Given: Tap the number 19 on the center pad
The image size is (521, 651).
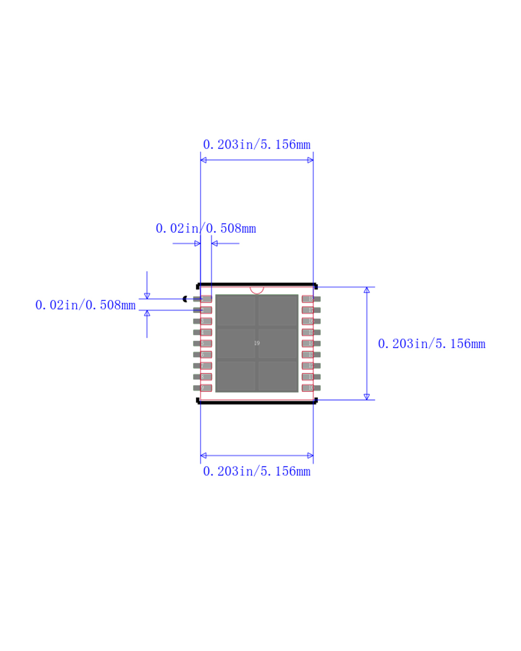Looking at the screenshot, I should pyautogui.click(x=257, y=343).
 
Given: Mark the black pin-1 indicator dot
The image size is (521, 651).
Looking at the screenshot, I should pyautogui.click(x=185, y=299).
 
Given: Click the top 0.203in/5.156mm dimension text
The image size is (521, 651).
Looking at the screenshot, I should pyautogui.click(x=257, y=145).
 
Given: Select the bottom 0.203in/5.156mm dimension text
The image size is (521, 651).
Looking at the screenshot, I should pyautogui.click(x=257, y=471).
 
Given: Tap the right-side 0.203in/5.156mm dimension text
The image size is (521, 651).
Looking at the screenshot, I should pyautogui.click(x=432, y=344).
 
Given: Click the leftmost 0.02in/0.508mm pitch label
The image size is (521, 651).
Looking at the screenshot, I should pyautogui.click(x=85, y=305).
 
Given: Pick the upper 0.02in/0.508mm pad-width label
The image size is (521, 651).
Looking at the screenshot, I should pyautogui.click(x=206, y=229).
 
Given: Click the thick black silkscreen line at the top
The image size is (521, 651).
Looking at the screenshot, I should pyautogui.click(x=257, y=285).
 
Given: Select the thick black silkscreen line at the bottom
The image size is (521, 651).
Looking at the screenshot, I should pyautogui.click(x=257, y=402).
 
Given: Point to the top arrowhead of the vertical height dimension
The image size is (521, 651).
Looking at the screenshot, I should pyautogui.click(x=367, y=290).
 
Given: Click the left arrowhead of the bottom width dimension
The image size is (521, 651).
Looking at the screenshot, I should pyautogui.click(x=204, y=455).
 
